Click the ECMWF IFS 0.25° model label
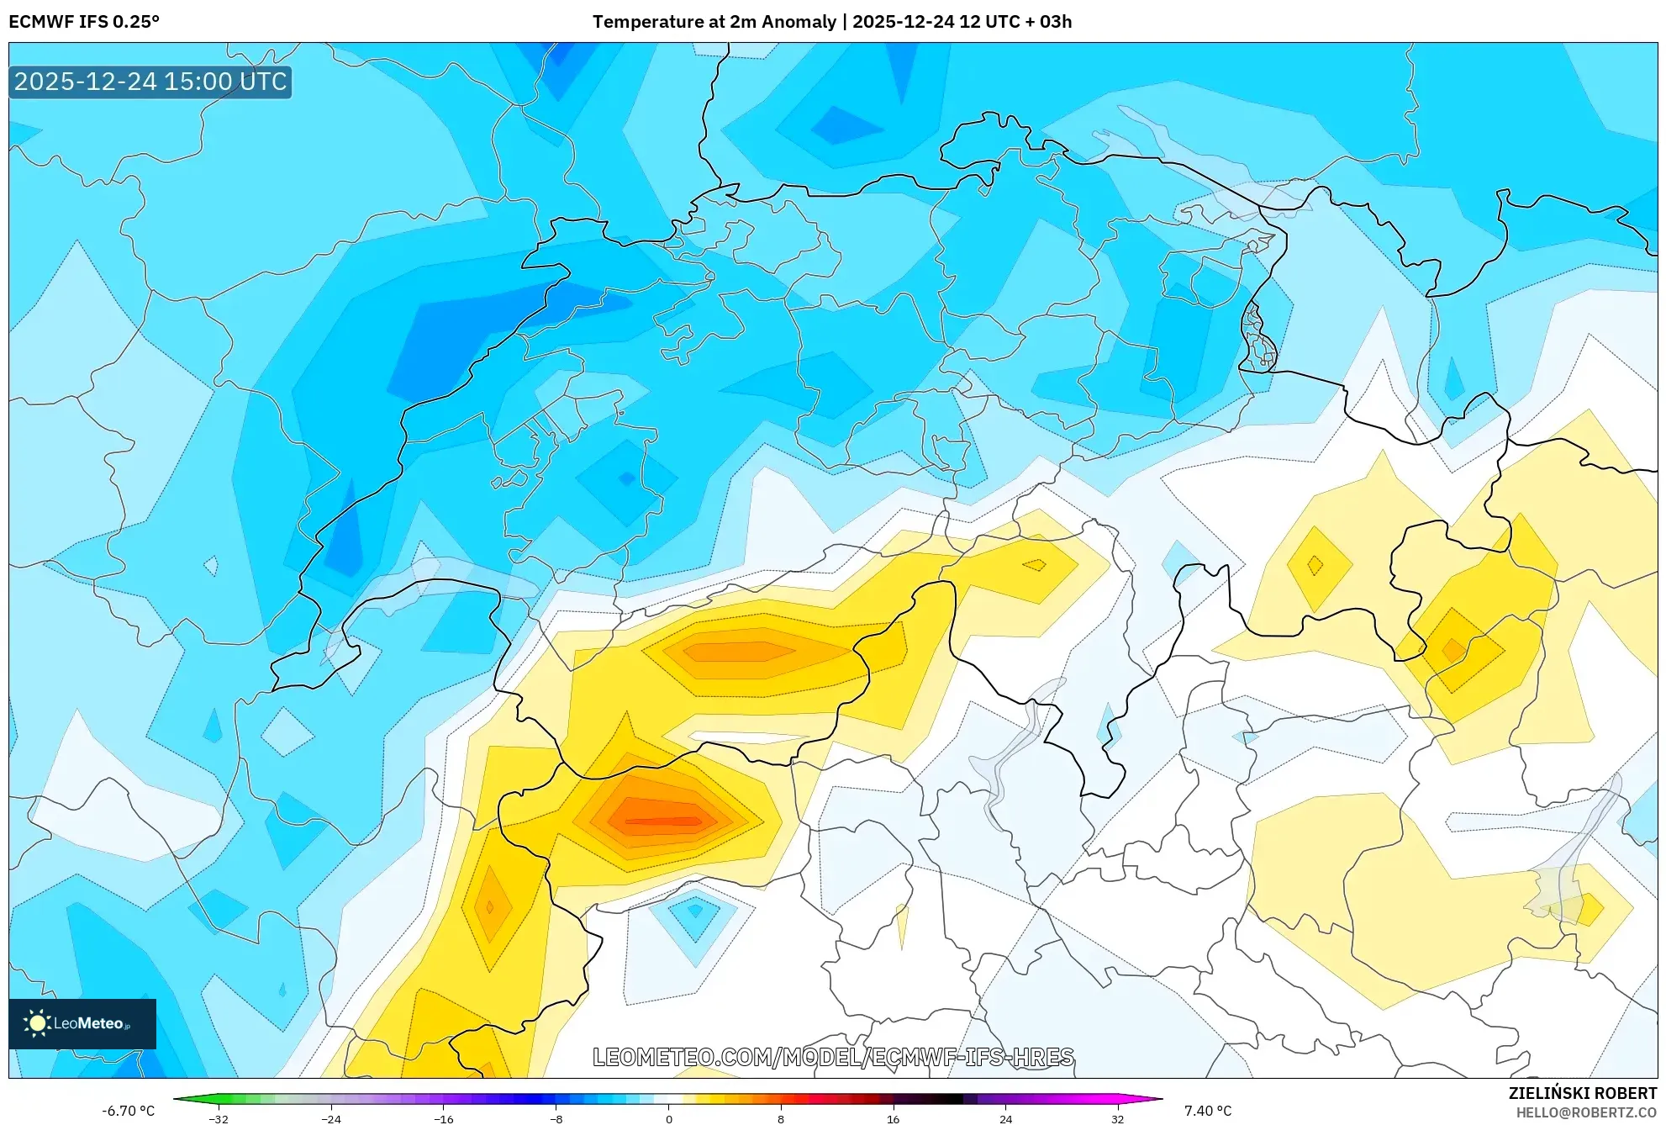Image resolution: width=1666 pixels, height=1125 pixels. (84, 22)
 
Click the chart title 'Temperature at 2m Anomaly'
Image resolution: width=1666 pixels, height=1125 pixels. (714, 22)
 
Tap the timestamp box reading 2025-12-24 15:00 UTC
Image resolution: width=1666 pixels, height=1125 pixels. (150, 82)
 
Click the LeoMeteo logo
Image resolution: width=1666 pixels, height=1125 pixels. (82, 1023)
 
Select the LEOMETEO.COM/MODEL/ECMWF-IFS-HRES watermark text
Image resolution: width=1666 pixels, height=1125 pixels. (832, 1057)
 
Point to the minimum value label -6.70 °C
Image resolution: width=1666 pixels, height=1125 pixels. (129, 1111)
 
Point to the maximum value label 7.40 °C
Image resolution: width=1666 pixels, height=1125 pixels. (1207, 1111)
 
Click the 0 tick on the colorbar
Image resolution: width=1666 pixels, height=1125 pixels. (668, 1118)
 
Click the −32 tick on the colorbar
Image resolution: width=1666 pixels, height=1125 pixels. (219, 1118)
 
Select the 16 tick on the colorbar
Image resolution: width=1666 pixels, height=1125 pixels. (893, 1118)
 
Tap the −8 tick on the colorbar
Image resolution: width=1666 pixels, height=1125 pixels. (556, 1118)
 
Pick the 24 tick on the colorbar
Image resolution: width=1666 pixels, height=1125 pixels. (1005, 1118)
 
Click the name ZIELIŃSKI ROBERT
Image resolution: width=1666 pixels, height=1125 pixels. (1582, 1093)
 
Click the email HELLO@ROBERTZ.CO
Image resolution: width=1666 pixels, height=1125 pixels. (1585, 1112)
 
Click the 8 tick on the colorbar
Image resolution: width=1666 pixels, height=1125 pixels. (781, 1118)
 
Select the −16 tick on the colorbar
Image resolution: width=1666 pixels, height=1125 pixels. (443, 1118)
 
